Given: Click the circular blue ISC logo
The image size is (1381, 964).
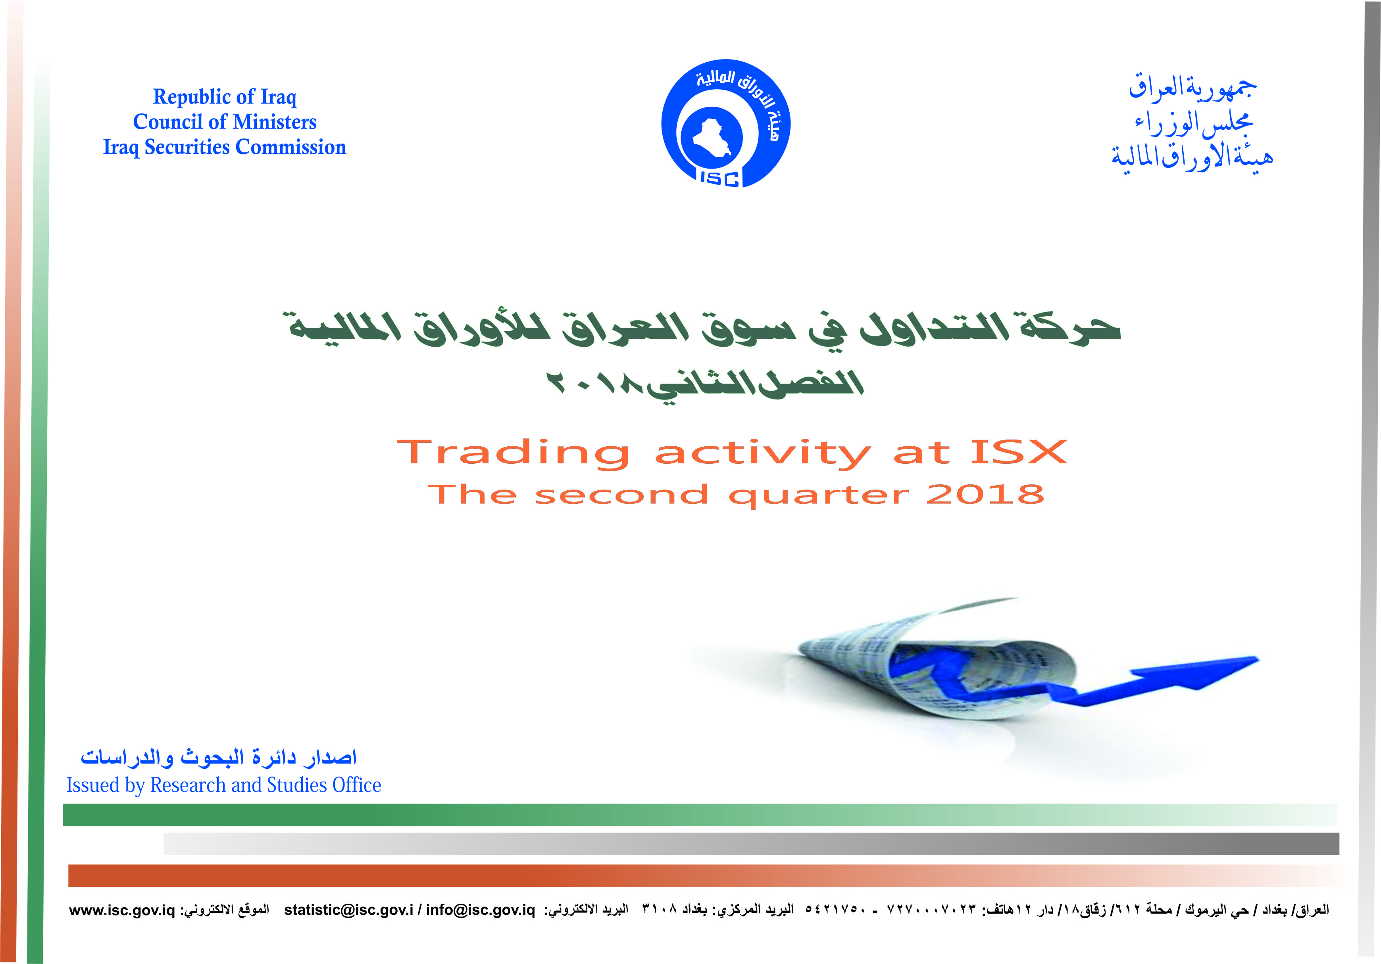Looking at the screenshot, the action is pos(725,123).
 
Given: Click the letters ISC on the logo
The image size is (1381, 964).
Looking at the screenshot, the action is pos(719,178).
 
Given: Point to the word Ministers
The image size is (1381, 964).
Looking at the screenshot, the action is pos(274,122).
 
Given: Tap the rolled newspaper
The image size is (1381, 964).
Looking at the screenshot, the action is pos(938,661).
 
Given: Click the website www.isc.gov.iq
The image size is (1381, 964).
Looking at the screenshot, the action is pos(122,910).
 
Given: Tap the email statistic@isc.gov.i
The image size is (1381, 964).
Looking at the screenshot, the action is pos(349,910).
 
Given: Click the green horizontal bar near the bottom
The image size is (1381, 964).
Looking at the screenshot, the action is pos(700,815).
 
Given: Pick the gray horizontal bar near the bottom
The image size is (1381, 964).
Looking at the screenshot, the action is pos(751,844).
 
